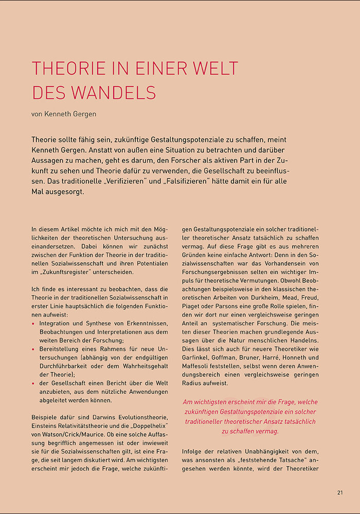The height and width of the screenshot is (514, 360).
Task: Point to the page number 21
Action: click(340, 492)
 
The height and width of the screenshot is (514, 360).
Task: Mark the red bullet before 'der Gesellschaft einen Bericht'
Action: click(33, 382)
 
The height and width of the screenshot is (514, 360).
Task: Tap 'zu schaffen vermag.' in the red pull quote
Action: click(250, 431)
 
